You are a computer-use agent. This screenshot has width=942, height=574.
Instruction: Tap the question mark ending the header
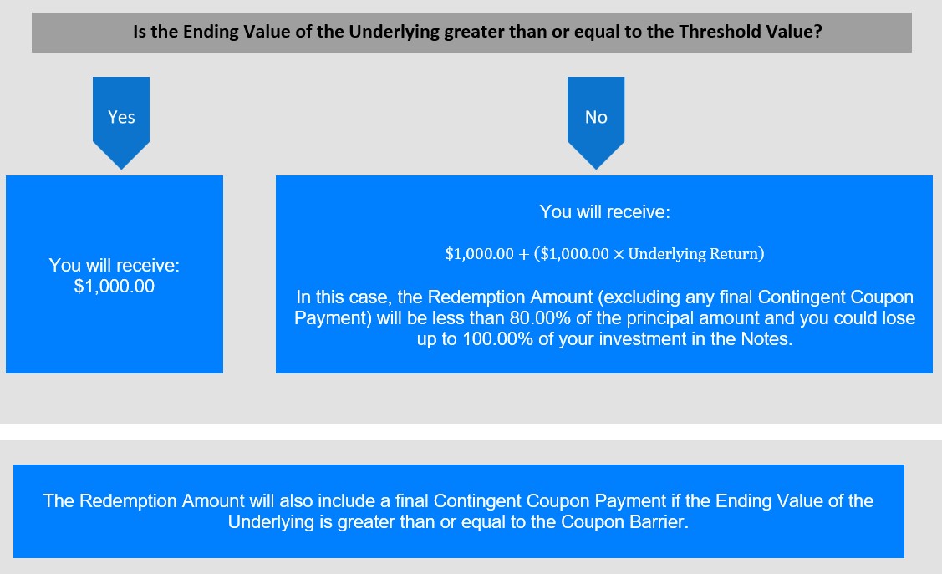pyautogui.click(x=817, y=31)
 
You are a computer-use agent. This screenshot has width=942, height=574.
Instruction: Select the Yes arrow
pyautogui.click(x=120, y=123)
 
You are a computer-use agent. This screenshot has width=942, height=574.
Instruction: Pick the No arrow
pyautogui.click(x=596, y=123)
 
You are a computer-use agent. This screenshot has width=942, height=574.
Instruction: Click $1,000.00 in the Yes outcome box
pyautogui.click(x=115, y=287)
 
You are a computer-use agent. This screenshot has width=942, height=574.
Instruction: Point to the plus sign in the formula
pyautogui.click(x=523, y=254)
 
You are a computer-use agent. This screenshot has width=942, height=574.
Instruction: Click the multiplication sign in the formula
pyautogui.click(x=619, y=255)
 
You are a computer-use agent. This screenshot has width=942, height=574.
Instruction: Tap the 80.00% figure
pyautogui.click(x=540, y=317)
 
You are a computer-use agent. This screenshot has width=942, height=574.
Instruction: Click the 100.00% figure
pyautogui.click(x=498, y=338)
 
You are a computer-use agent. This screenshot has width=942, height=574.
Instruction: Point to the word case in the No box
pyautogui.click(x=368, y=297)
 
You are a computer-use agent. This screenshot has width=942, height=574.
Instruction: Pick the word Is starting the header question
pyautogui.click(x=140, y=31)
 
